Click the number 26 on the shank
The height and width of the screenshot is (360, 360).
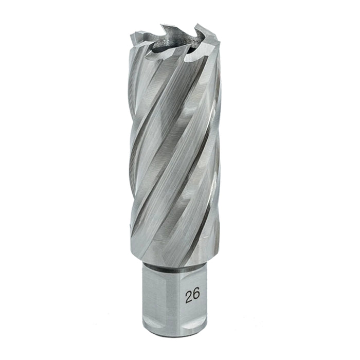tap(192, 295)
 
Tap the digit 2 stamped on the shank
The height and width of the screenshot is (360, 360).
tap(188, 295)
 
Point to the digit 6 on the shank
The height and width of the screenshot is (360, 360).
tap(196, 295)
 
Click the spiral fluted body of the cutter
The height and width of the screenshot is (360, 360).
tap(175, 154)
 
